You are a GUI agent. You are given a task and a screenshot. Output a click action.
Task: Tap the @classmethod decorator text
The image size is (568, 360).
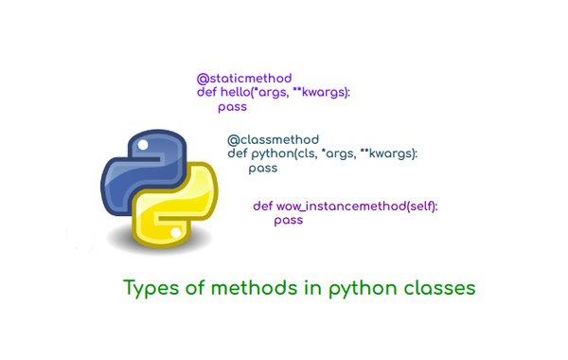pyautogui.click(x=273, y=139)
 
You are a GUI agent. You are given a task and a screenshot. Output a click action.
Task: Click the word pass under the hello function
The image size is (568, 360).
pyautogui.click(x=232, y=107)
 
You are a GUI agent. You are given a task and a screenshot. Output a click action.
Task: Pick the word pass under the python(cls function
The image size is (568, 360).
pyautogui.click(x=262, y=169)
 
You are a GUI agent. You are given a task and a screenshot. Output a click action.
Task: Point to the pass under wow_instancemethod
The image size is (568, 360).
pyautogui.click(x=289, y=220)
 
